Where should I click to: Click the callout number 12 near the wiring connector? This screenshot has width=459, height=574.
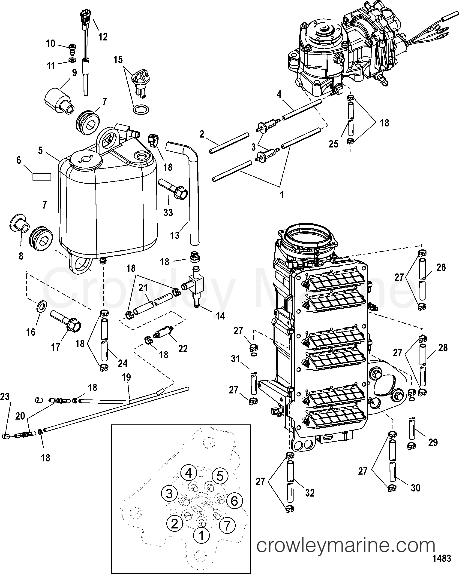[103, 37]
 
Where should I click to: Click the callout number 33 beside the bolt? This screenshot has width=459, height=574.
[168, 212]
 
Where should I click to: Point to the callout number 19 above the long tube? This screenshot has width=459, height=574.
[126, 377]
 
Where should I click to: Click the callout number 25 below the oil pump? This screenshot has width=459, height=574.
[333, 144]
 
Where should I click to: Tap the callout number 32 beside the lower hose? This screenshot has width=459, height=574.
[310, 493]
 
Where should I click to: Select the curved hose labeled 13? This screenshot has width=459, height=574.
[193, 192]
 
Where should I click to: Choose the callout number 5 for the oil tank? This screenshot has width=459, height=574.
[40, 150]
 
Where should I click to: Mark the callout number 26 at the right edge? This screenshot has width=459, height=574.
[441, 267]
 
